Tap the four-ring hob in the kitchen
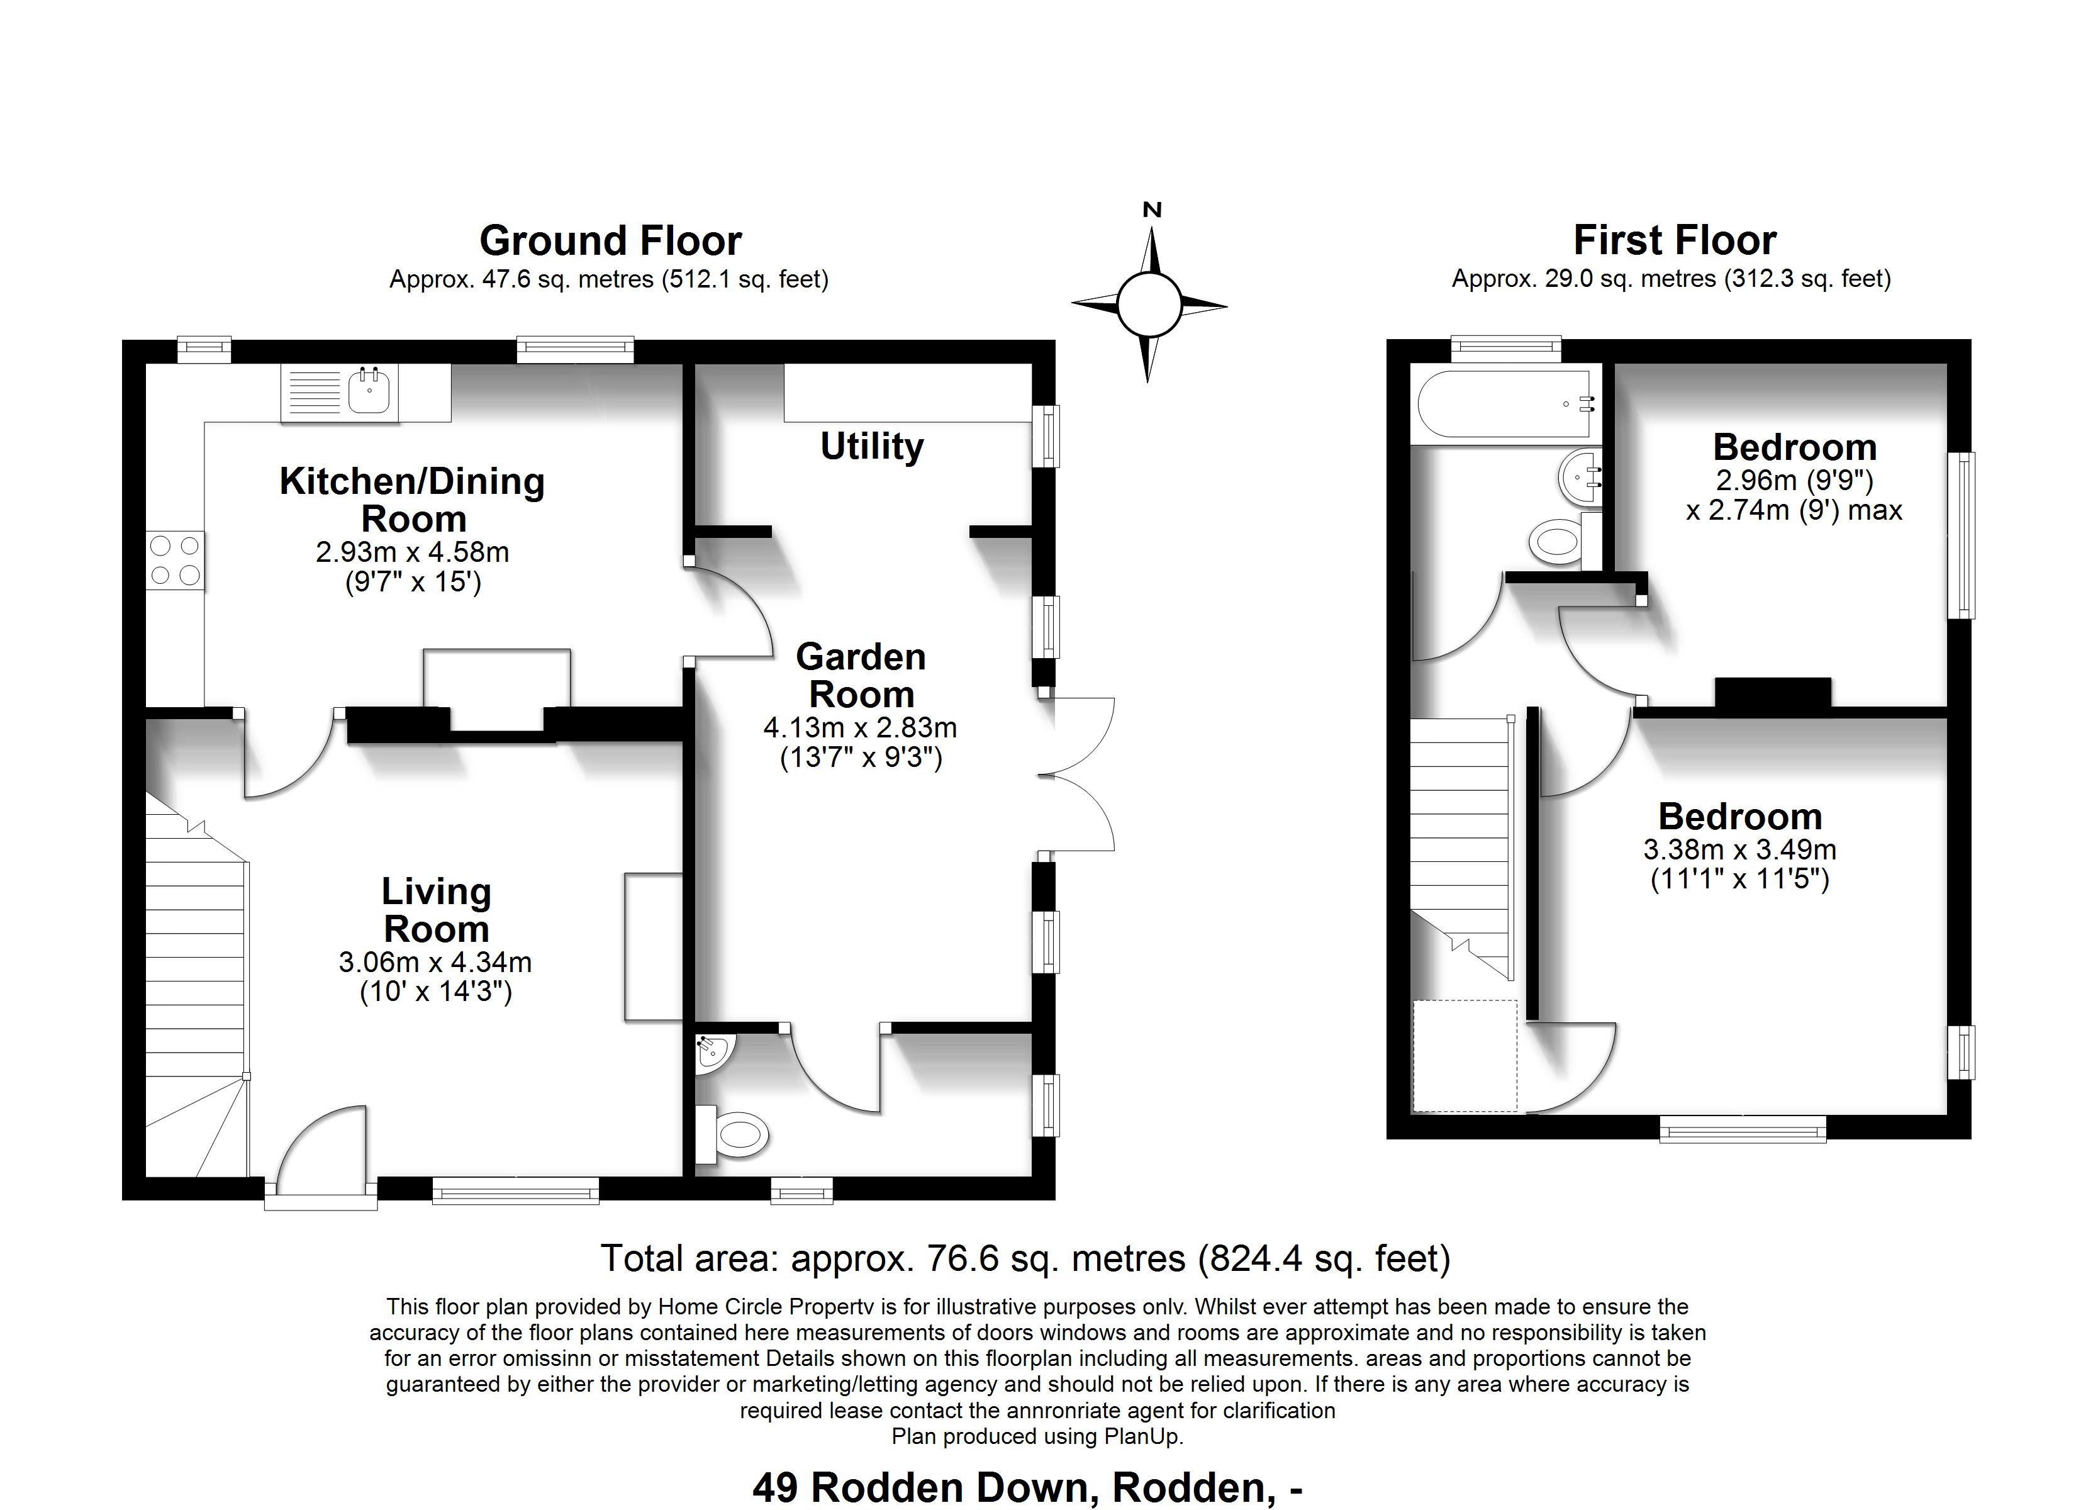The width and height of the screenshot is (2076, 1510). [x=175, y=561]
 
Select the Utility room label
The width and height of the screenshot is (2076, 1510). [x=871, y=447]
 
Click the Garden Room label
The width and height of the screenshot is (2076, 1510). [x=861, y=676]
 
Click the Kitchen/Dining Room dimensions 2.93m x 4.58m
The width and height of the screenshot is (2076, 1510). [x=412, y=552]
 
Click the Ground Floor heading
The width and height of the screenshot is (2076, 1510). [x=611, y=241]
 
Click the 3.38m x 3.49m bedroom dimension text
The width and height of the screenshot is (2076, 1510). [x=1739, y=850]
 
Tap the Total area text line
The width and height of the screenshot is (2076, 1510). [x=1025, y=1258]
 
